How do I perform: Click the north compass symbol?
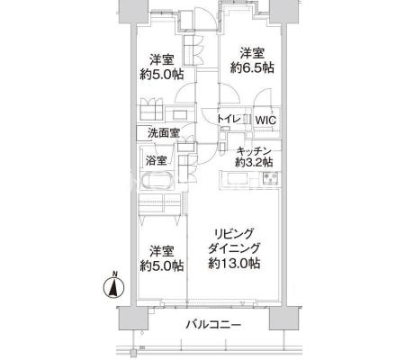pos(113,288)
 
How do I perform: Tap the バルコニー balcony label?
pos(213,325)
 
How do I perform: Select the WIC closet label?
pos(265,121)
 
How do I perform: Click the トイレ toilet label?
pos(229,119)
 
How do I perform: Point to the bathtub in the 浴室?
pos(157,181)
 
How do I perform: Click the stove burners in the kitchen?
pos(271,177)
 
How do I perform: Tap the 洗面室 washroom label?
pos(164,133)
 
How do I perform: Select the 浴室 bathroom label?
pos(157,161)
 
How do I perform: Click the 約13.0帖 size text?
pos(234,263)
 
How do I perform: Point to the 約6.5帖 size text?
pos(252,67)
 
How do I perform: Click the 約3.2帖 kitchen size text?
pos(254,162)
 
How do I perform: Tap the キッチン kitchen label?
pos(254,151)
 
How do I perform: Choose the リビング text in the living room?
pos(234,233)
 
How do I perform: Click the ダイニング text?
pos(234,248)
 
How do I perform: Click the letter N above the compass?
pos(114,274)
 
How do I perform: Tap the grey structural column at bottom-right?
pos(283,318)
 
